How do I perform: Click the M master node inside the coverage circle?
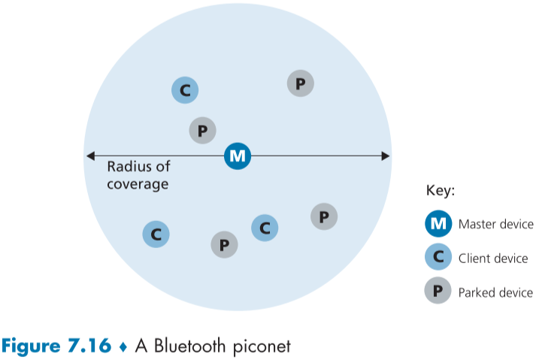pyautogui.click(x=238, y=156)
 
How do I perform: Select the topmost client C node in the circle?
pyautogui.click(x=185, y=91)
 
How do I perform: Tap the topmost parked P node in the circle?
pyautogui.click(x=300, y=83)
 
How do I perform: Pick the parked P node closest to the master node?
pyautogui.click(x=202, y=131)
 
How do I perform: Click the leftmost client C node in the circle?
pyautogui.click(x=156, y=234)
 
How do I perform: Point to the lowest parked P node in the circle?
pyautogui.click(x=224, y=244)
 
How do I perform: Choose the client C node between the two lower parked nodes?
pyautogui.click(x=265, y=227)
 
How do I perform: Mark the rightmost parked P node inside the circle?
pyautogui.click(x=324, y=217)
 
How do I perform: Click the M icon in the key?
pyautogui.click(x=438, y=224)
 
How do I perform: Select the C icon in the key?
pyautogui.click(x=438, y=258)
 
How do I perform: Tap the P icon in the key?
pyautogui.click(x=438, y=292)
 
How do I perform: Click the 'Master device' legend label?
pyautogui.click(x=495, y=225)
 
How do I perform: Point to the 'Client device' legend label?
pyautogui.click(x=493, y=259)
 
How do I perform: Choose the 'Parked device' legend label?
pyautogui.click(x=495, y=292)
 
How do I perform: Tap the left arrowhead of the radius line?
pyautogui.click(x=89, y=156)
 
